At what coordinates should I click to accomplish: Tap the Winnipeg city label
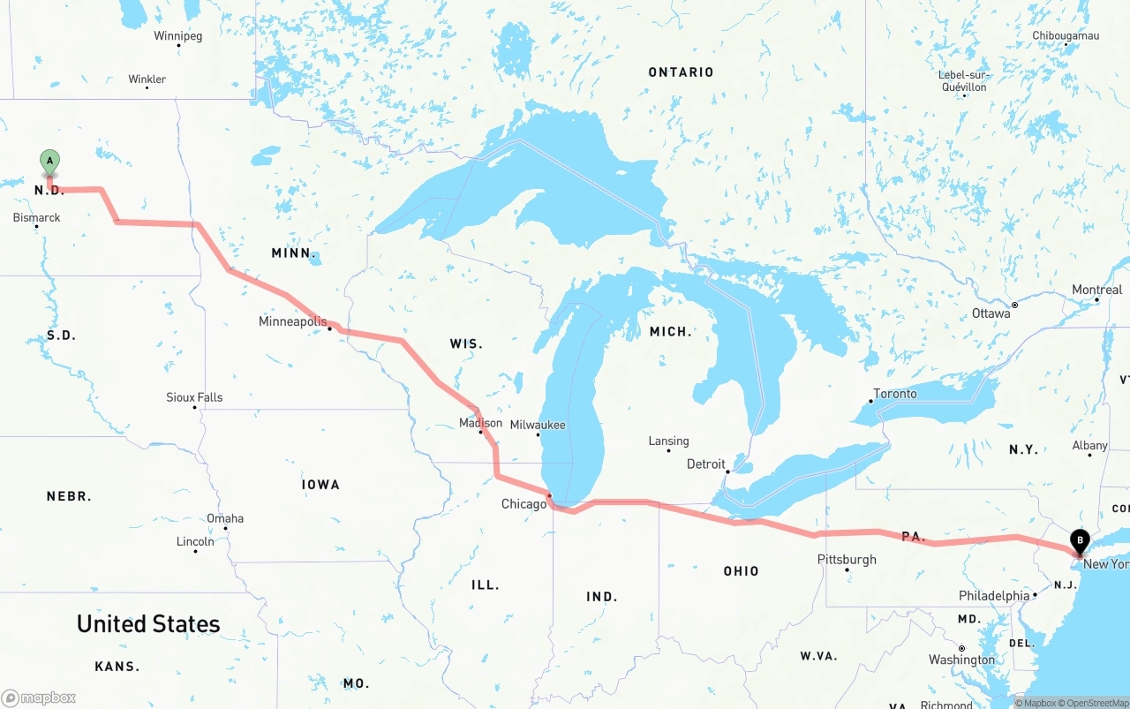[x=177, y=36]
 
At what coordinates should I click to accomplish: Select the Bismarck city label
[x=36, y=217]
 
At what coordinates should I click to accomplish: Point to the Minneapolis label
[x=292, y=321]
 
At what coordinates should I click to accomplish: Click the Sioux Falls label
[x=194, y=397]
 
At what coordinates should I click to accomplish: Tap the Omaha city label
[x=224, y=518]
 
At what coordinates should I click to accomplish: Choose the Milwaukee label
[x=538, y=425]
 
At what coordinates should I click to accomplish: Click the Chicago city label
[x=524, y=504]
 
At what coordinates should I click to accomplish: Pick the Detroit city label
[x=705, y=464]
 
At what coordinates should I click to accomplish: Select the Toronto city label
[x=894, y=394]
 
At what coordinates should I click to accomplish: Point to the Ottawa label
[x=991, y=313]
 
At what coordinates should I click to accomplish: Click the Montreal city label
[x=1096, y=290]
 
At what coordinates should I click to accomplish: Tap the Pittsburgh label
[x=847, y=559]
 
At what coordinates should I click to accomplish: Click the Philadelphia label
[x=994, y=596]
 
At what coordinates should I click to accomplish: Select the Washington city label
[x=961, y=660]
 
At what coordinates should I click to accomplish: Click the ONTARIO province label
[x=681, y=72]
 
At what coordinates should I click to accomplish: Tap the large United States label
[x=148, y=623]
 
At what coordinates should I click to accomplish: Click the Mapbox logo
[x=39, y=698]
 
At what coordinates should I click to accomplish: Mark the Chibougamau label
[x=1066, y=36]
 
